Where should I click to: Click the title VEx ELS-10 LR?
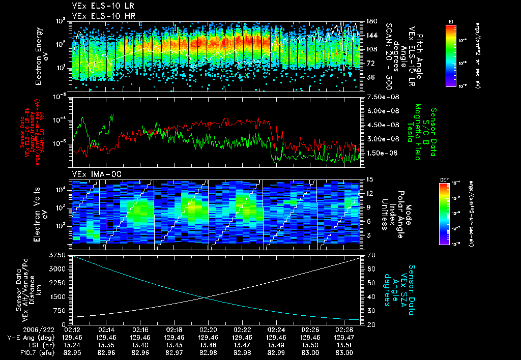tap(99, 7)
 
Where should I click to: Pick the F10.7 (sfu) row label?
tap(22, 352)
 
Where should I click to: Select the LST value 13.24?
tap(72, 345)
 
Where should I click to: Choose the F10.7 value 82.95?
tap(72, 352)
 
